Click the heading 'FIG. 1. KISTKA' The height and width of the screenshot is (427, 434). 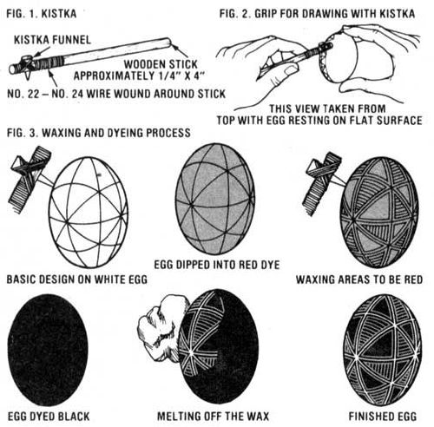click(42, 14)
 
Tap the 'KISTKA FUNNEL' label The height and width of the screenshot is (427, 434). click(52, 40)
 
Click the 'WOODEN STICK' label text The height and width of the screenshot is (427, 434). click(161, 64)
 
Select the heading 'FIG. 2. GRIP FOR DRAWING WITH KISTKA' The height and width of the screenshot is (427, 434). click(317, 14)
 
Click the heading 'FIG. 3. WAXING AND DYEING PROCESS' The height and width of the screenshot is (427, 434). click(99, 133)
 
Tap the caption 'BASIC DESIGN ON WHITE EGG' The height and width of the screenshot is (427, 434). click(77, 279)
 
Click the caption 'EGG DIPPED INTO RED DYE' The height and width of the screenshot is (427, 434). click(217, 265)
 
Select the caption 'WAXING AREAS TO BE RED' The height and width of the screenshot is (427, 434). click(359, 279)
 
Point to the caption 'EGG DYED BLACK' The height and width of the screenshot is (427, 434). click(49, 417)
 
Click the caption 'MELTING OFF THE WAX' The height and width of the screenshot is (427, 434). click(213, 417)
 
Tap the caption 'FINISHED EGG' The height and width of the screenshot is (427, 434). click(383, 417)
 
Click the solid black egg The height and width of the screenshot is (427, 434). click(47, 350)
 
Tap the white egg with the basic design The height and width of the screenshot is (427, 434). click(89, 212)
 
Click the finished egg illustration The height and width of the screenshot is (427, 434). click(383, 351)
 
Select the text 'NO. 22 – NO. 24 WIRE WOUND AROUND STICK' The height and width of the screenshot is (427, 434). click(116, 94)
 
